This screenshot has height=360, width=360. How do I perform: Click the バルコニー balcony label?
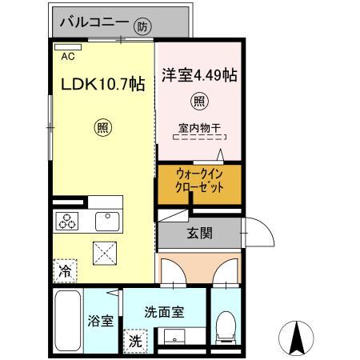[x=94, y=22]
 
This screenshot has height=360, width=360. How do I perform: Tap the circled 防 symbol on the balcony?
[x=142, y=26]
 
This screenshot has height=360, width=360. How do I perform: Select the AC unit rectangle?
[x=68, y=47]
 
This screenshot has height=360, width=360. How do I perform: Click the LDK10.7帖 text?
[x=103, y=84]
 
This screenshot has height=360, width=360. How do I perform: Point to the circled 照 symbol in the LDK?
[x=103, y=128]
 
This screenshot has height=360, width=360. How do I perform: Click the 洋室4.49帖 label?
[x=199, y=75]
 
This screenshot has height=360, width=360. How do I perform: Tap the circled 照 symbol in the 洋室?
[x=199, y=101]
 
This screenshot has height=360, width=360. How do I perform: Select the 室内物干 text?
[x=199, y=129]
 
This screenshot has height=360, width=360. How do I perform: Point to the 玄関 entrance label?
[x=199, y=233]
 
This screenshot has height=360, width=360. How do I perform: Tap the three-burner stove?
[x=67, y=221]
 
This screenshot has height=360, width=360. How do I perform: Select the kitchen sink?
[x=107, y=222]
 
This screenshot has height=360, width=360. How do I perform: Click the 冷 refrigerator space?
[x=65, y=270]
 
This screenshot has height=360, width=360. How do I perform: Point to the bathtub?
[x=68, y=321]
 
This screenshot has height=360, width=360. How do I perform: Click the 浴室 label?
[x=101, y=321]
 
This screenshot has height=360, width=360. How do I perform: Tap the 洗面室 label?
[x=164, y=312]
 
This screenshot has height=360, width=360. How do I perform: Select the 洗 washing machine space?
[x=135, y=341]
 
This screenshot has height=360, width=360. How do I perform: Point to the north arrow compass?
[x=296, y=338]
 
